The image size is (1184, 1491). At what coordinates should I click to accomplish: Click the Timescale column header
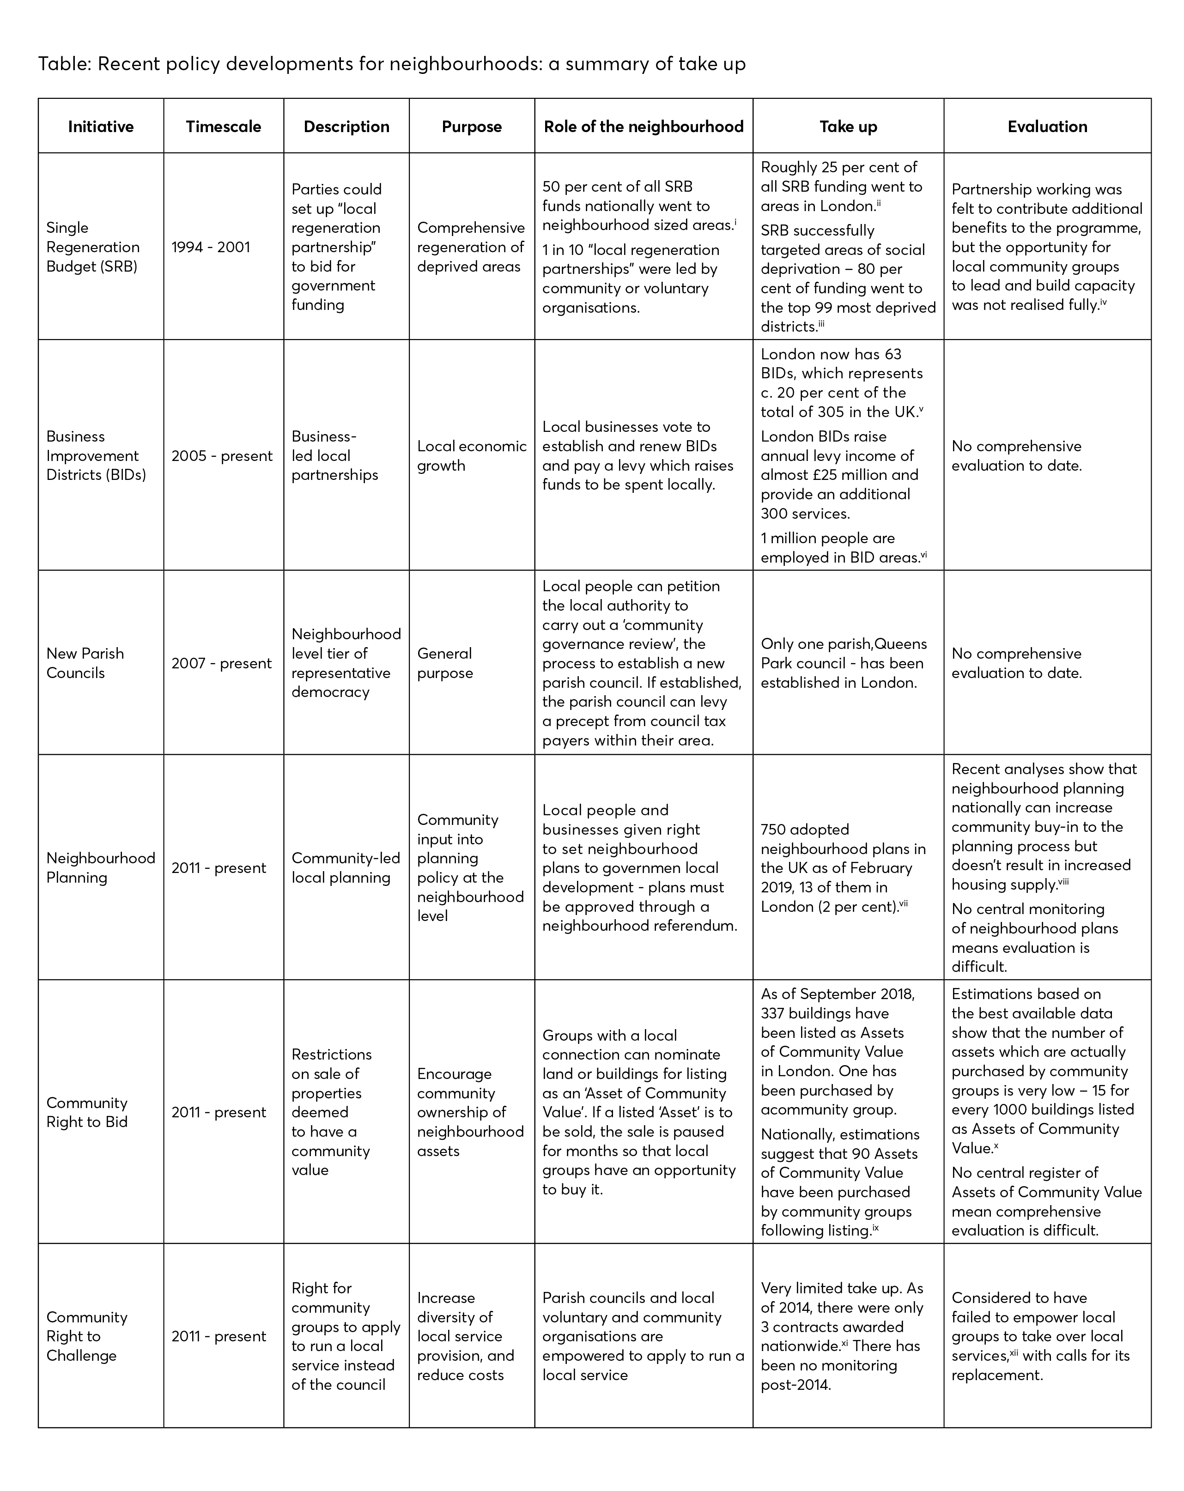[224, 127]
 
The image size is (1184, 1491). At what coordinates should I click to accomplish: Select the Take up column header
[848, 127]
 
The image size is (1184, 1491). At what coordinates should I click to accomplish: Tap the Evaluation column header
[1047, 127]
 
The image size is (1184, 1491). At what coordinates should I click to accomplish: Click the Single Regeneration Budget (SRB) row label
[93, 247]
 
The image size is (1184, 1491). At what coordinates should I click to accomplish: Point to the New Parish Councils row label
[85, 663]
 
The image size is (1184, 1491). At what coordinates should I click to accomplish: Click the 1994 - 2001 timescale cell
[211, 247]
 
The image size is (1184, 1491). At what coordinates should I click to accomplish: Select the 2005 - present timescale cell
[222, 456]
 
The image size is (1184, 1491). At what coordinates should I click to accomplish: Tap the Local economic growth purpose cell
[471, 456]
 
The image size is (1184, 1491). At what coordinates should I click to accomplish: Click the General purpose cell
[445, 663]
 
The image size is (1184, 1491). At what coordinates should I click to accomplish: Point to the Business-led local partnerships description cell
[335, 456]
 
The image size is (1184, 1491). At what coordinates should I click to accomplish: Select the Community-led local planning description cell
[346, 868]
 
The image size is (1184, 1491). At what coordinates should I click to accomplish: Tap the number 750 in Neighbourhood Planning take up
[775, 829]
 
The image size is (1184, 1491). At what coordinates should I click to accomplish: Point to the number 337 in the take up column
[774, 1013]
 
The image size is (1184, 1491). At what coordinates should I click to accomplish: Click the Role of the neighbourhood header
[643, 127]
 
